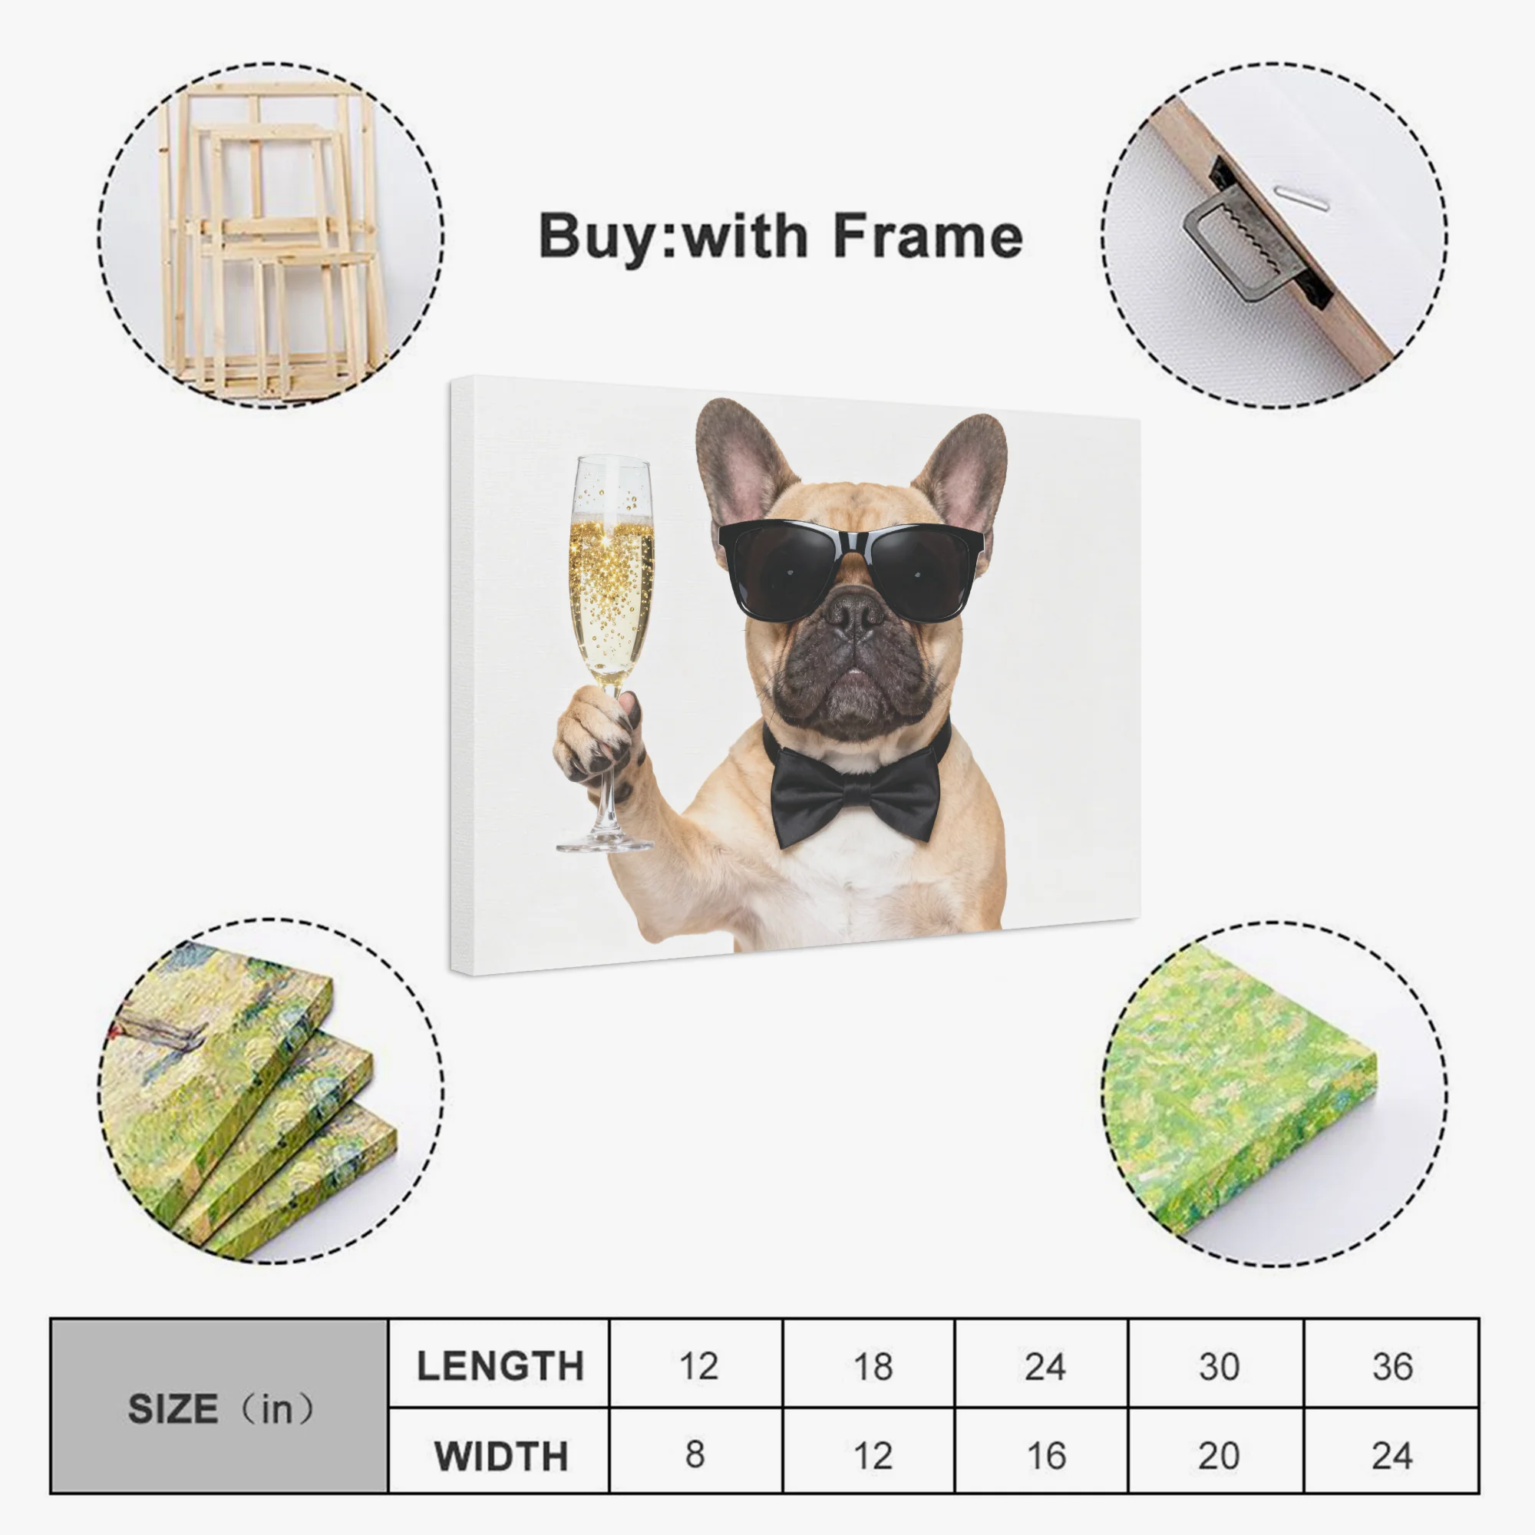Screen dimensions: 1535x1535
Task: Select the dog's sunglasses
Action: pos(851,569)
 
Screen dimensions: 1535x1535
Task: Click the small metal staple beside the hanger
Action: pos(1302,199)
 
